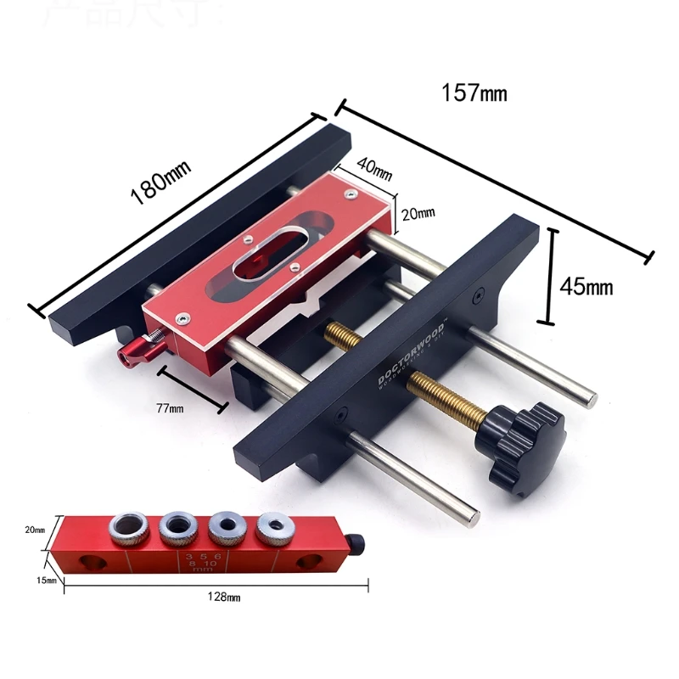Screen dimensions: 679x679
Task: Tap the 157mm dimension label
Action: pyautogui.click(x=474, y=92)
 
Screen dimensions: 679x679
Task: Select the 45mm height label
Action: pyautogui.click(x=586, y=287)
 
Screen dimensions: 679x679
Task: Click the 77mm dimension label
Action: pyautogui.click(x=171, y=408)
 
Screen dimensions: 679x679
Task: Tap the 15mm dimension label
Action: pyautogui.click(x=46, y=581)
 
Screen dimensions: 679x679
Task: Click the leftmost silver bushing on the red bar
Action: pyautogui.click(x=127, y=530)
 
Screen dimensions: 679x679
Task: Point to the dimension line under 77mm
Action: pyautogui.click(x=193, y=390)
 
